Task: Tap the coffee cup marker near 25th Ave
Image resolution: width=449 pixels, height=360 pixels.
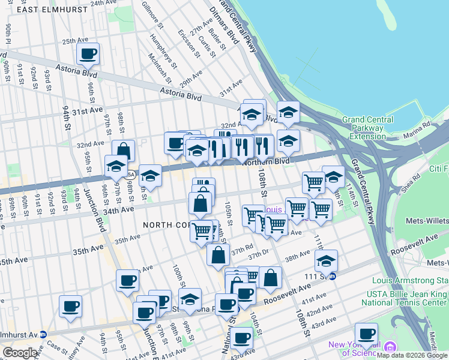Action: [88, 55]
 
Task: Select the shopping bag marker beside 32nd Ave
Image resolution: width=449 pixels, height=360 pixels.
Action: [123, 150]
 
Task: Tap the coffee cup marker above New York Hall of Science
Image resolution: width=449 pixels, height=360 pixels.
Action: [366, 333]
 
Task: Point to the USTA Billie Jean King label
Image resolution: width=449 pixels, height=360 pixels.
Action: [410, 293]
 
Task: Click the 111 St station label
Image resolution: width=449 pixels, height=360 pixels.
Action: [316, 276]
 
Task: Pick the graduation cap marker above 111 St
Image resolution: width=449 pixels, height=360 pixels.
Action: [326, 260]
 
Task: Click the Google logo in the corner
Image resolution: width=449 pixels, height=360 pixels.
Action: [20, 353]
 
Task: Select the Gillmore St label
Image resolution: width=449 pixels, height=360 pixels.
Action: [152, 15]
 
